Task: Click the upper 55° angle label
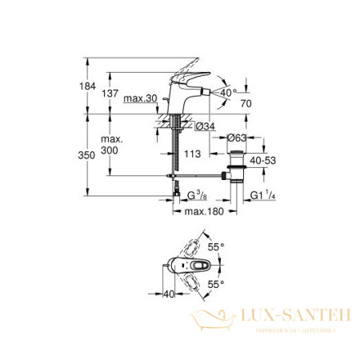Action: point(215,249)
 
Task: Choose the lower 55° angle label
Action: point(215,284)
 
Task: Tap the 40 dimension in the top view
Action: point(169,294)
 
